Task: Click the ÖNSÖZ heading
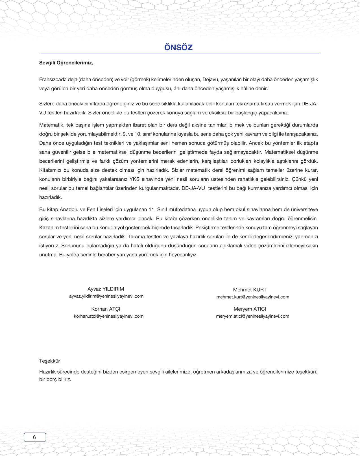(x=178, y=47)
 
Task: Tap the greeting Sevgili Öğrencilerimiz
(x=66, y=63)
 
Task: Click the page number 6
(x=34, y=437)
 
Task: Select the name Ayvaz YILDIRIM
(x=106, y=289)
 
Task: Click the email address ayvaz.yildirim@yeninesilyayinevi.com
(x=106, y=296)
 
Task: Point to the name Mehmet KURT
(x=250, y=290)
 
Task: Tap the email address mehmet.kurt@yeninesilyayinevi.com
(x=253, y=297)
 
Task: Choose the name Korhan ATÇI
(x=106, y=309)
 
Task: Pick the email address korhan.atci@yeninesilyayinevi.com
(x=108, y=316)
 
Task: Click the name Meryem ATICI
(x=250, y=309)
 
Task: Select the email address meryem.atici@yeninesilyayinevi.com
(x=252, y=316)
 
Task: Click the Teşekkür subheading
(x=49, y=361)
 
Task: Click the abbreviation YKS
(x=134, y=179)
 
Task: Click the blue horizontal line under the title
(x=180, y=53)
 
